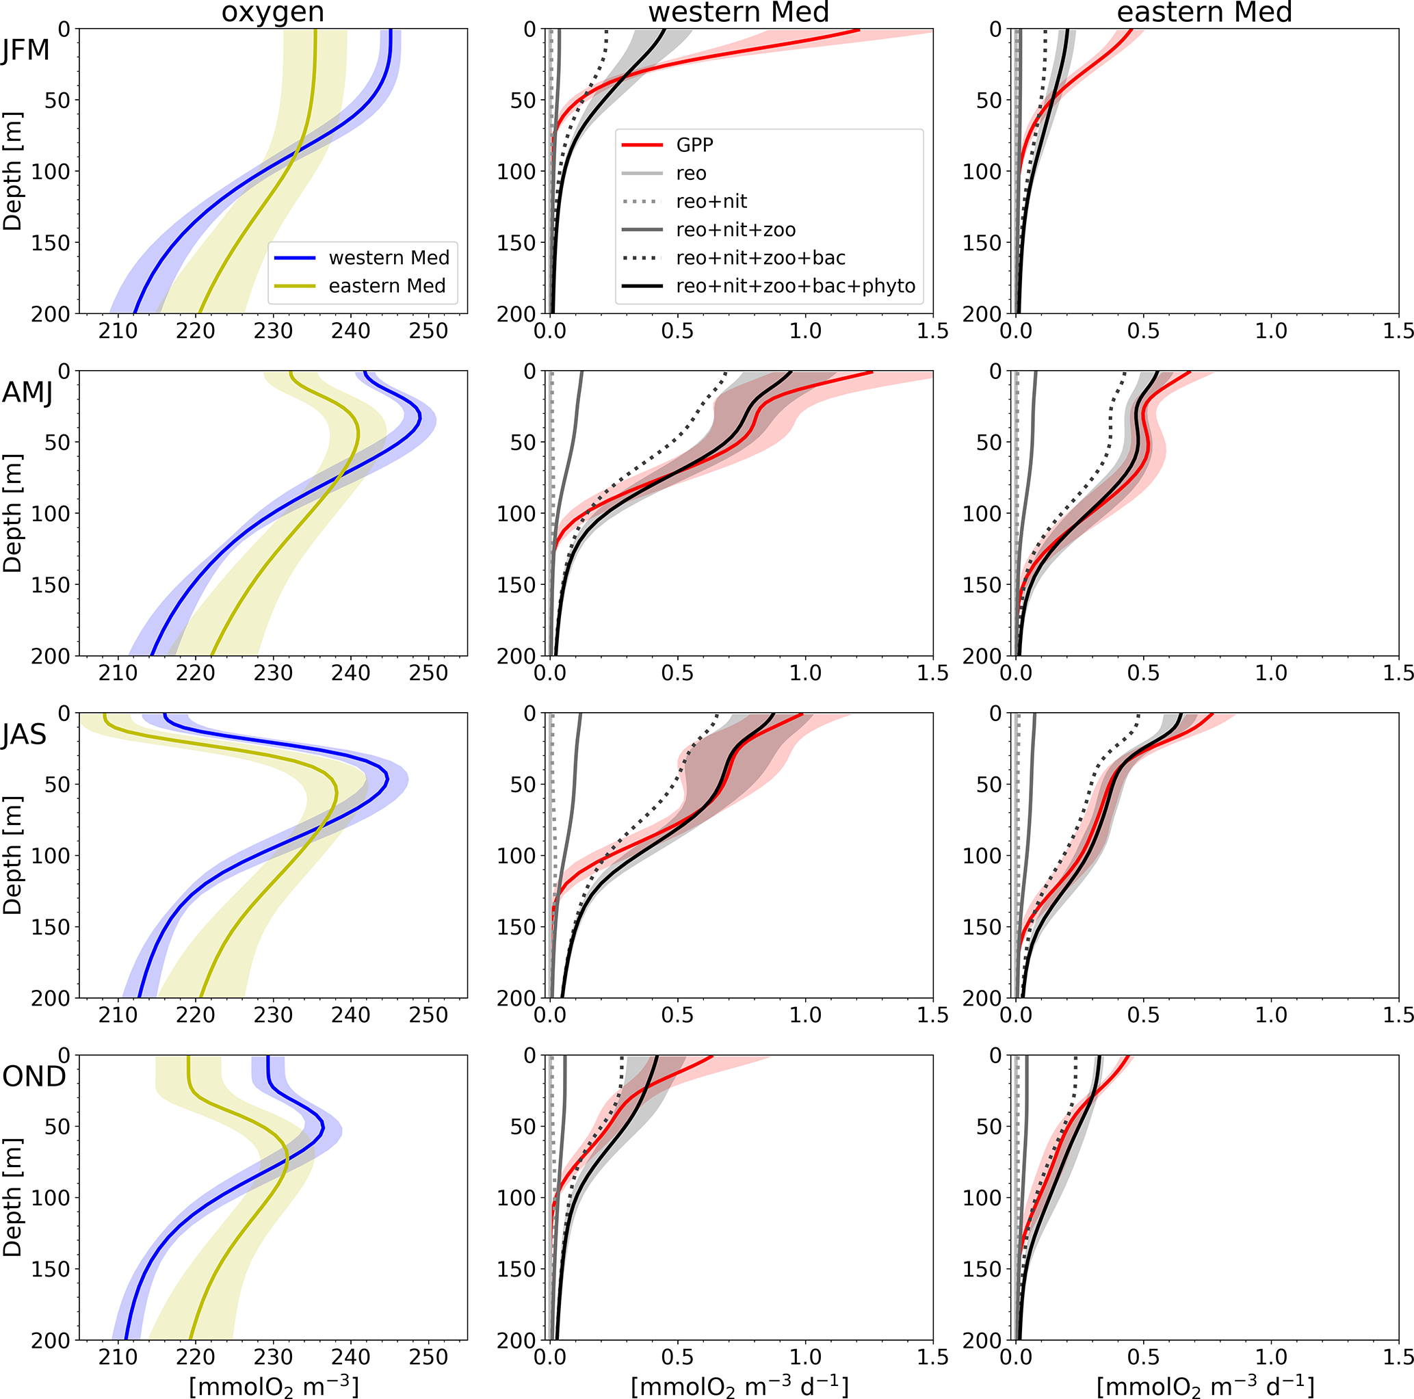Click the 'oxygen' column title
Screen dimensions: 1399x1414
coord(272,12)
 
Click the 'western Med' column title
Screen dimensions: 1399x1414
coord(739,12)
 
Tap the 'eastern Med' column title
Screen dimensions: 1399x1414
coord(1204,12)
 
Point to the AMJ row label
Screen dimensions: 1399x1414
coord(27,393)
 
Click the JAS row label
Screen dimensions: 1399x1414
coord(24,734)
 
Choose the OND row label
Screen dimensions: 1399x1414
coord(34,1076)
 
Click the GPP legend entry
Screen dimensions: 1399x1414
coord(694,145)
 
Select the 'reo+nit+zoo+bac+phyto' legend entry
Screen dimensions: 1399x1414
coord(795,286)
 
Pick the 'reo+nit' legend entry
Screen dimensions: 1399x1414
coord(711,201)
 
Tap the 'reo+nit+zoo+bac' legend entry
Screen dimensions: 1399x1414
coord(760,258)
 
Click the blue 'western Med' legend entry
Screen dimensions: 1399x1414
coord(389,258)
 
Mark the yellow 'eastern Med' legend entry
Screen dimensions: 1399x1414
coord(387,286)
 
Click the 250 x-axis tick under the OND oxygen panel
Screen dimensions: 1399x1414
coord(428,1357)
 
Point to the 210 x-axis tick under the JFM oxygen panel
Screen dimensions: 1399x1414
coord(118,331)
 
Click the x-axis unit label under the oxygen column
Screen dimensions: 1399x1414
coord(274,1386)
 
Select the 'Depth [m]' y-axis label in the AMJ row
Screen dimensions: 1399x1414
coord(12,513)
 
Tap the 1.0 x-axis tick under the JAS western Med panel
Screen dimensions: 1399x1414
coord(805,1015)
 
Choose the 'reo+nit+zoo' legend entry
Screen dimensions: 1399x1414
coord(735,230)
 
